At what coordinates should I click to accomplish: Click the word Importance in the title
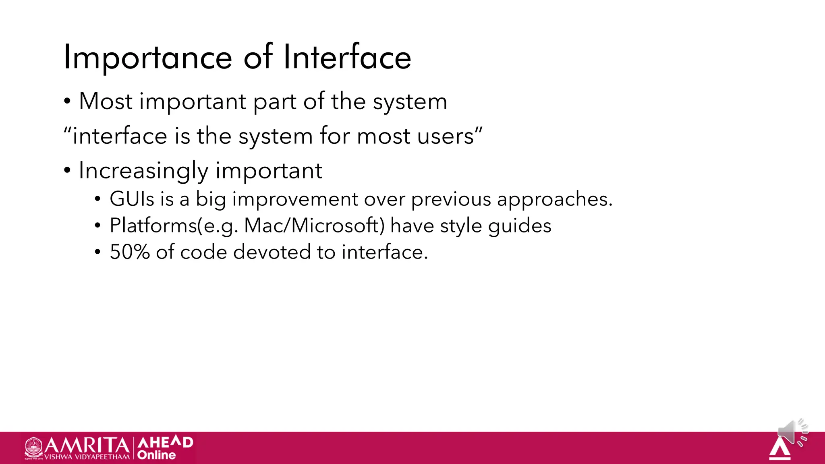[148, 58]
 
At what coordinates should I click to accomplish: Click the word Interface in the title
[347, 58]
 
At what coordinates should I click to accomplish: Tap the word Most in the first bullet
[106, 101]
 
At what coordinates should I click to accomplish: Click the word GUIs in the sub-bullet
[132, 199]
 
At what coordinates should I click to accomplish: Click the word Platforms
[153, 226]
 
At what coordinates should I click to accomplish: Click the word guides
[519, 226]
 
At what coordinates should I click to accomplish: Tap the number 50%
[130, 252]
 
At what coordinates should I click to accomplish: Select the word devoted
[272, 252]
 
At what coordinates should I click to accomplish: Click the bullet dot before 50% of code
[97, 253]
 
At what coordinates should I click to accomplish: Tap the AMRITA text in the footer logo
[87, 445]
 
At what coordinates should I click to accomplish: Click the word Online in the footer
[156, 455]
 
